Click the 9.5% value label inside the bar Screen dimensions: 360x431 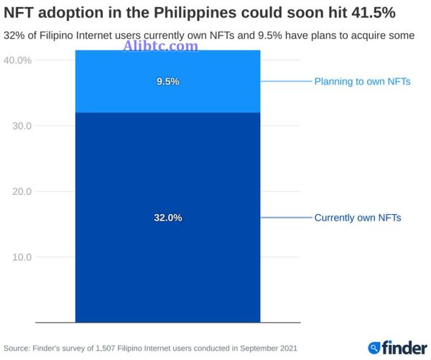167,82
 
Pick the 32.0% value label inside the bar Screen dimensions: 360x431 167,218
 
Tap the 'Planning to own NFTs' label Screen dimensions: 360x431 362,82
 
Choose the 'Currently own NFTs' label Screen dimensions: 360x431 357,218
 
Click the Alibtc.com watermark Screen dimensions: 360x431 161,46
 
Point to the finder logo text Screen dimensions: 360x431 403,348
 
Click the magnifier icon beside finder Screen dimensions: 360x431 374,349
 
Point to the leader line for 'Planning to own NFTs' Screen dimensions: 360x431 285,82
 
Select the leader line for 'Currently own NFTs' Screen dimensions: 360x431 285,218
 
